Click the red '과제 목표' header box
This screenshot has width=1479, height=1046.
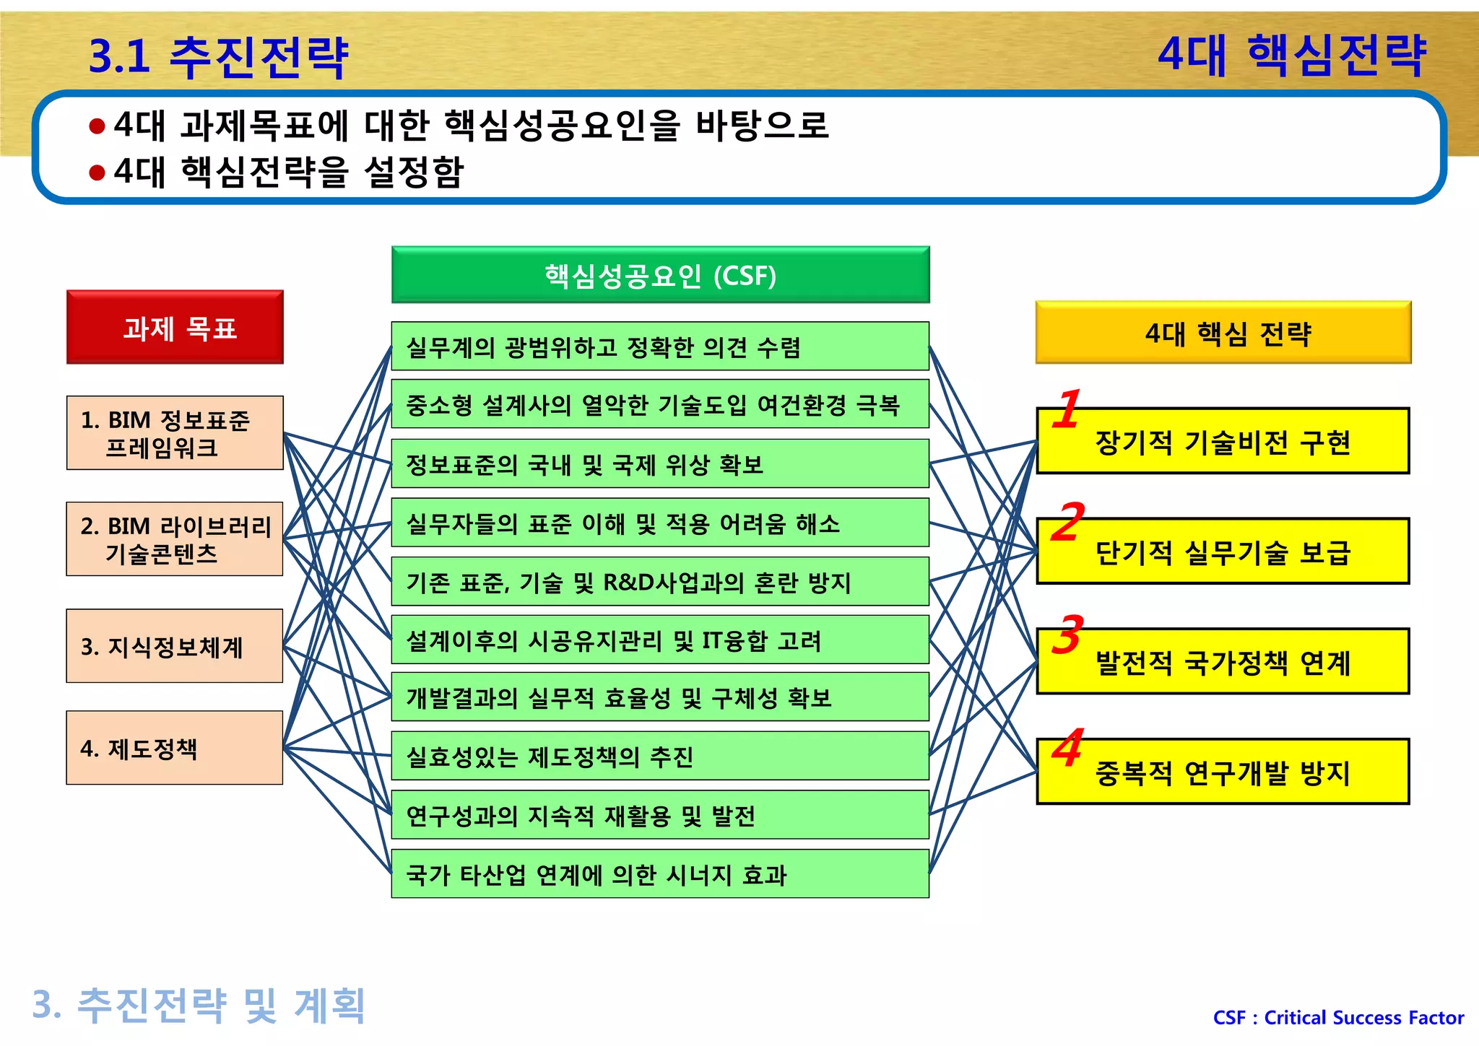[x=175, y=327]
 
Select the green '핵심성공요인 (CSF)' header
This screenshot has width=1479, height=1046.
[x=660, y=275]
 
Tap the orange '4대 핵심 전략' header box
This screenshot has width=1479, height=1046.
[x=1223, y=333]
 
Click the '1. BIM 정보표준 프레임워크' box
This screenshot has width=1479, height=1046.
[x=175, y=433]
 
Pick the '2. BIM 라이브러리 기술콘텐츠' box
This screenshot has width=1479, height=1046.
[x=175, y=539]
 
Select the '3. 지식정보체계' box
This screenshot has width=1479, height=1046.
[x=175, y=646]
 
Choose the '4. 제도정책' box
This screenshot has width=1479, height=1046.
[x=175, y=748]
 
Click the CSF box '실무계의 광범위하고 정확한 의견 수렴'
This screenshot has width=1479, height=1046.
[x=660, y=347]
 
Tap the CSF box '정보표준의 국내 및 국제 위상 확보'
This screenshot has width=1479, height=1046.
[x=660, y=464]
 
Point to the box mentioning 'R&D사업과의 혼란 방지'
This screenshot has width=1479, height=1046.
[x=660, y=582]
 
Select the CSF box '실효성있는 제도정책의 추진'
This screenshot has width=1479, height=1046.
[x=660, y=757]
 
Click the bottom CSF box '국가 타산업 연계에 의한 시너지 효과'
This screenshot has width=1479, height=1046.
[x=660, y=874]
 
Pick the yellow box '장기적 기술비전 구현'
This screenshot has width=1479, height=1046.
[x=1223, y=442]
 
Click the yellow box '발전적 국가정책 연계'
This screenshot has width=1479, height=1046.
[x=1223, y=662]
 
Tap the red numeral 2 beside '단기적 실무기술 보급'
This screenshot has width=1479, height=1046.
[x=1067, y=521]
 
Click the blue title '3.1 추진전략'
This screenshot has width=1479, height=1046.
[x=218, y=56]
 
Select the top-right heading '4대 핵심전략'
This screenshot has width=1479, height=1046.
[x=1291, y=55]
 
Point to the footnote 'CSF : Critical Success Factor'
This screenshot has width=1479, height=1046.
[x=1338, y=1018]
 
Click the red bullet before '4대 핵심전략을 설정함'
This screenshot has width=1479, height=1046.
[x=97, y=173]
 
